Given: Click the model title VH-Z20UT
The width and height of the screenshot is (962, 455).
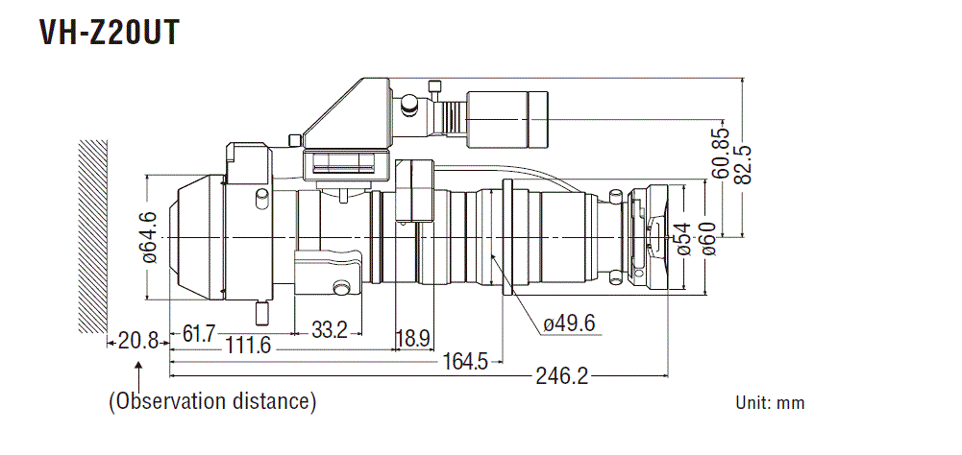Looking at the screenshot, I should pos(109,34).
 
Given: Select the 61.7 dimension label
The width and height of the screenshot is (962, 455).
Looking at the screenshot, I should pos(199,333).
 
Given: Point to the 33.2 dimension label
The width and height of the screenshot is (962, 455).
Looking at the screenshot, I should pos(330,331).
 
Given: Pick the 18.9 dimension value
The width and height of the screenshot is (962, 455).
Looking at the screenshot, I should pos(412,338).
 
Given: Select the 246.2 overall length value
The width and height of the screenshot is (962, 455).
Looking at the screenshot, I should pos(561,376).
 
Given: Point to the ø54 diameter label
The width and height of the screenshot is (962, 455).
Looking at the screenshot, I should pos(683,237).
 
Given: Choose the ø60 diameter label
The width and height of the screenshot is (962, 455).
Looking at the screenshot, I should pos(708,237).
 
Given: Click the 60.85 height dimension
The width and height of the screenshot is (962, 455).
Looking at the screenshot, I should pos(722,154).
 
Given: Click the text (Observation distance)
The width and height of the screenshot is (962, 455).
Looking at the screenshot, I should pos(212,400).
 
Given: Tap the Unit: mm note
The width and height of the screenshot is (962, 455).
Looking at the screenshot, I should pos(770,403).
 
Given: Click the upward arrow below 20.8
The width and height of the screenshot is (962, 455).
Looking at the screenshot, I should pos(140,369).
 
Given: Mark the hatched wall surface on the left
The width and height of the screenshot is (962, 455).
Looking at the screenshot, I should pos(92,236).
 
